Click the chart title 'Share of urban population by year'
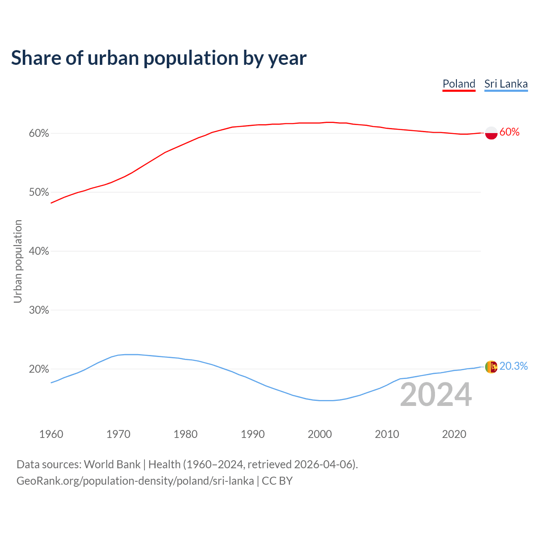coord(159,58)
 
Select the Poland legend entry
coord(459,84)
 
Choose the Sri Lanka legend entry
coord(506,84)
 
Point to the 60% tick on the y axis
coord(39,133)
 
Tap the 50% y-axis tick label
coord(39,192)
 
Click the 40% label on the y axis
coord(39,251)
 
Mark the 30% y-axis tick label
coord(39,310)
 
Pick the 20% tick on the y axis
coord(39,369)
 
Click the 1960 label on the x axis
coord(51,434)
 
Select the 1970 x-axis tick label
coord(118,434)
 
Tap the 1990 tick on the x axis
coord(253,434)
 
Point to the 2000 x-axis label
coord(320,434)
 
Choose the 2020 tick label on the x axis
coord(454,434)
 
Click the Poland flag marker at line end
coord(491,133)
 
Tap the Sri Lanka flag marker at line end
coord(491,367)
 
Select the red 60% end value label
coord(510,132)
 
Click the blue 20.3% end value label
coord(513,366)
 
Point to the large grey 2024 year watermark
coord(436,395)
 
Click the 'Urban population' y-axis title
coord(18,261)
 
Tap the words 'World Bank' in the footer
coord(112,464)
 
